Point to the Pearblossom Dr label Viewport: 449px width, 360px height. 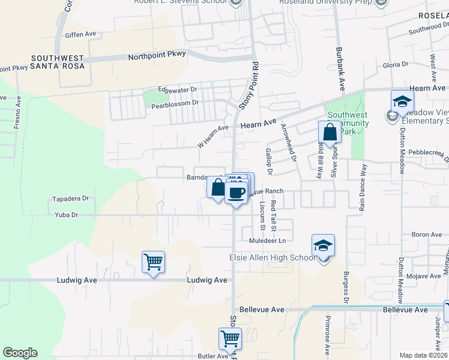(175, 103)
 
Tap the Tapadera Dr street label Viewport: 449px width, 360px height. (70, 198)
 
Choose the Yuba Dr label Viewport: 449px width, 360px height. (67, 214)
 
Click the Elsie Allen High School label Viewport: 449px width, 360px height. (272, 258)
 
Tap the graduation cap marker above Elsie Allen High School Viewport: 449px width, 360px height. (323, 245)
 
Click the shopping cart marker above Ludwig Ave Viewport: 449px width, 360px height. (153, 262)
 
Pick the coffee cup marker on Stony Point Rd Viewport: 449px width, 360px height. (236, 193)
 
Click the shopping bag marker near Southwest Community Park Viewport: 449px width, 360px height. (329, 131)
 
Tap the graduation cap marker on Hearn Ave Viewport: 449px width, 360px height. (402, 101)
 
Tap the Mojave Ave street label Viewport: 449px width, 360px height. (427, 276)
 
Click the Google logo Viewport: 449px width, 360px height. (20, 353)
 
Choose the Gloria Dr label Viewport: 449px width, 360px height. (395, 64)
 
